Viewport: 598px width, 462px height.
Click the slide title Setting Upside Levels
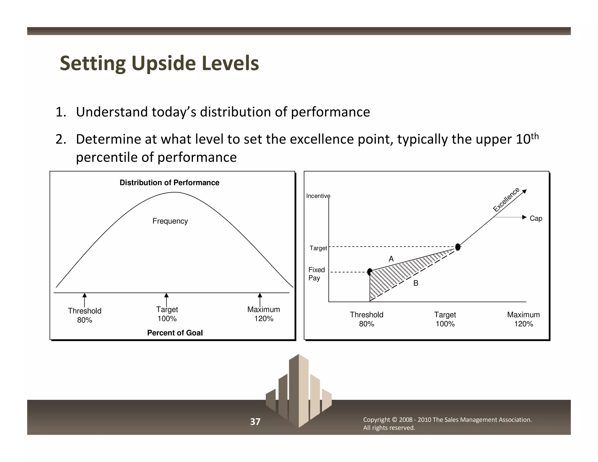click(x=159, y=63)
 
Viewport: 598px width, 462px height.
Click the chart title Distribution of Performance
click(x=169, y=183)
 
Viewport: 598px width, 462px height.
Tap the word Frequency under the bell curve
click(x=170, y=221)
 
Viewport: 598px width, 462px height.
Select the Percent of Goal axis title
click(x=175, y=333)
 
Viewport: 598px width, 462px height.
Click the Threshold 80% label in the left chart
click(x=85, y=315)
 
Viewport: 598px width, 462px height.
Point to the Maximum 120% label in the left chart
click(x=263, y=314)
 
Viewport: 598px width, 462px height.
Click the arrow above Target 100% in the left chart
click(x=166, y=299)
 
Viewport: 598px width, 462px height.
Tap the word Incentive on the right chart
click(x=318, y=196)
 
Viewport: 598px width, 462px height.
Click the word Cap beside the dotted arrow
click(x=536, y=218)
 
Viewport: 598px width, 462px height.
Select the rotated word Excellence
click(x=506, y=199)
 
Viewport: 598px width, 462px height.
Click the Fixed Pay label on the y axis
click(x=316, y=274)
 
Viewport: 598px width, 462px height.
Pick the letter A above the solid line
click(x=391, y=259)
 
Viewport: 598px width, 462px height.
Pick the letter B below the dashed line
click(x=416, y=283)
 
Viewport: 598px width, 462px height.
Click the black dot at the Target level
click(x=458, y=247)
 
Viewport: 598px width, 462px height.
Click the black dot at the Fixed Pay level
click(x=370, y=272)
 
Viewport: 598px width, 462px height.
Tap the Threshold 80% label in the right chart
click(x=366, y=319)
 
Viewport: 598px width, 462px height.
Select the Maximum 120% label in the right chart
click(x=523, y=319)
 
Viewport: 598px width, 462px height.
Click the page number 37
click(x=255, y=422)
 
